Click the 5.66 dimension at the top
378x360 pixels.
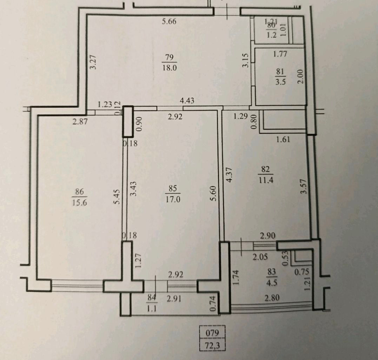169,22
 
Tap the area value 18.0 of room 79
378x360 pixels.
170,68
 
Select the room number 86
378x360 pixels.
79,192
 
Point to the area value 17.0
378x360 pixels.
173,199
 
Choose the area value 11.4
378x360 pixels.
266,180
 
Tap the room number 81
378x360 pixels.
280,72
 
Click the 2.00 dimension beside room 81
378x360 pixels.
300,76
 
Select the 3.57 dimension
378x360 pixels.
304,186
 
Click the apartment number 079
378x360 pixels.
212,333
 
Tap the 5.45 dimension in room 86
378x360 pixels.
117,196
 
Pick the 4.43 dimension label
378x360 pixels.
187,100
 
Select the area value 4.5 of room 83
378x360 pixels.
272,282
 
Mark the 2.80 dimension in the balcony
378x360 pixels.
272,298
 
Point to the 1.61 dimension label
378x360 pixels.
283,139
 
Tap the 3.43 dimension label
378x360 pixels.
133,189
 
